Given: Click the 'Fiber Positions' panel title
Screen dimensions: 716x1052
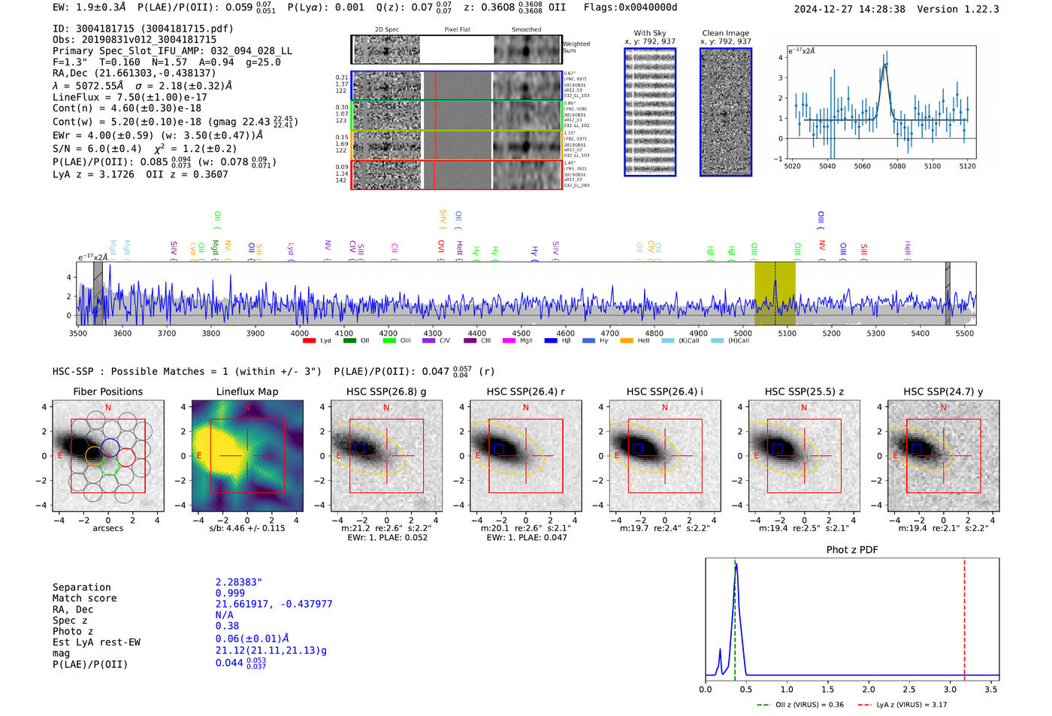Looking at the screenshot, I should (x=107, y=391).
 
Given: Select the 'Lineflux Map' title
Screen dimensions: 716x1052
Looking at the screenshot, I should (x=246, y=391).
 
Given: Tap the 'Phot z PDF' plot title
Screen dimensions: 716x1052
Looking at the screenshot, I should (x=851, y=549).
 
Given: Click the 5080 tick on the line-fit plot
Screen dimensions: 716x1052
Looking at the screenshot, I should (x=897, y=166).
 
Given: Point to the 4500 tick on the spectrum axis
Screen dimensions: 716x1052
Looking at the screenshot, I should (x=521, y=333).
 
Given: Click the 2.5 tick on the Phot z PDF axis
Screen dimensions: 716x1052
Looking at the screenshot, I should (x=909, y=689).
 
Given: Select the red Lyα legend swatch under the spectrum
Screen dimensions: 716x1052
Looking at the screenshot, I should (x=309, y=340).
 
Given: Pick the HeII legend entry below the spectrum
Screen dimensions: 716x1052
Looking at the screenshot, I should (x=627, y=340).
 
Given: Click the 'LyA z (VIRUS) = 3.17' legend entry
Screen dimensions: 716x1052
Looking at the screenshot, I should (x=903, y=705).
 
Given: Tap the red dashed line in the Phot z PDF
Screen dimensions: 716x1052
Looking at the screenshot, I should (x=964, y=616).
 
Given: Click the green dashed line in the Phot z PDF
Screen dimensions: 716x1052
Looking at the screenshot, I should (x=735, y=616).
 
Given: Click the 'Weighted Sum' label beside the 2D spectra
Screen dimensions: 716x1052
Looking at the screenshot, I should (x=576, y=47).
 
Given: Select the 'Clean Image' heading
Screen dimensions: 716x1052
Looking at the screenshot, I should (x=725, y=33).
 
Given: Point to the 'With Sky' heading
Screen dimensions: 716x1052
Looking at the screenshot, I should (x=649, y=33).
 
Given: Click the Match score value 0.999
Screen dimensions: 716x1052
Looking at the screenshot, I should (x=230, y=593).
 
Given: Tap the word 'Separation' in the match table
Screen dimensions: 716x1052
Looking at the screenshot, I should (x=81, y=588).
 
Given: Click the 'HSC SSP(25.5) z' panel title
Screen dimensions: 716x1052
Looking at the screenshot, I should (x=803, y=391).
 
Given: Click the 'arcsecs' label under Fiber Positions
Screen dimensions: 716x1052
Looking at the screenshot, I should (x=107, y=528).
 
